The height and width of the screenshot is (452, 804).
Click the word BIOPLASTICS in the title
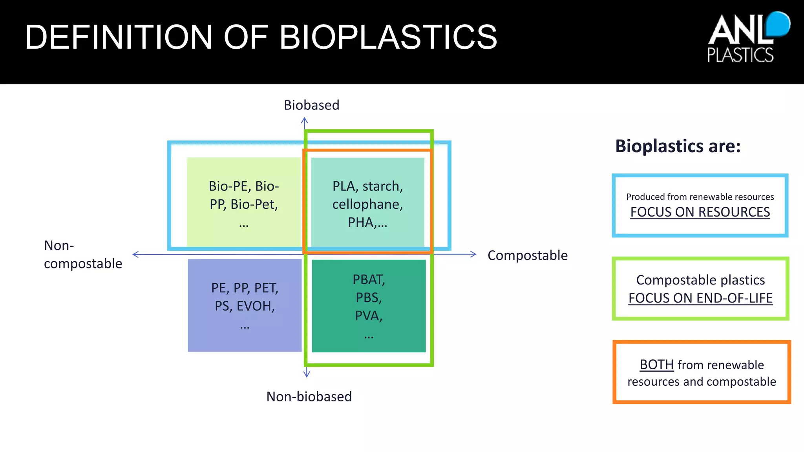[388, 37]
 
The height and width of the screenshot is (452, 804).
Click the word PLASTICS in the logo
[740, 55]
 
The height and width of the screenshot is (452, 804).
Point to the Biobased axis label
[311, 105]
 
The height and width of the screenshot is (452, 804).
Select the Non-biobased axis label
[309, 397]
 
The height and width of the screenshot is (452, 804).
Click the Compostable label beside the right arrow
[527, 255]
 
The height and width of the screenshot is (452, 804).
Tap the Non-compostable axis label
[83, 255]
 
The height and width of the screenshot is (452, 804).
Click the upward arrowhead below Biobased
[305, 120]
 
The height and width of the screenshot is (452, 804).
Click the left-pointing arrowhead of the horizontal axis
[136, 255]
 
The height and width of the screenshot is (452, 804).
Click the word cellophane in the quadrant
[367, 204]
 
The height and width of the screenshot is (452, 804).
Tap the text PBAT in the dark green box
[369, 280]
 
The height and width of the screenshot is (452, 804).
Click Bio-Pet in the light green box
[254, 204]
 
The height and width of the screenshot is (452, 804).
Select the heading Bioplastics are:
[678, 146]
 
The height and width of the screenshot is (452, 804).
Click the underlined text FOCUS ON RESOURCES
[700, 212]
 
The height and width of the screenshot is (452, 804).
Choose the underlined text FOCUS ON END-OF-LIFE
[700, 299]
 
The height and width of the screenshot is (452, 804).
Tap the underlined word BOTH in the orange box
[656, 365]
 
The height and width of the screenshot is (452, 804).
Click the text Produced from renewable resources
[700, 197]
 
